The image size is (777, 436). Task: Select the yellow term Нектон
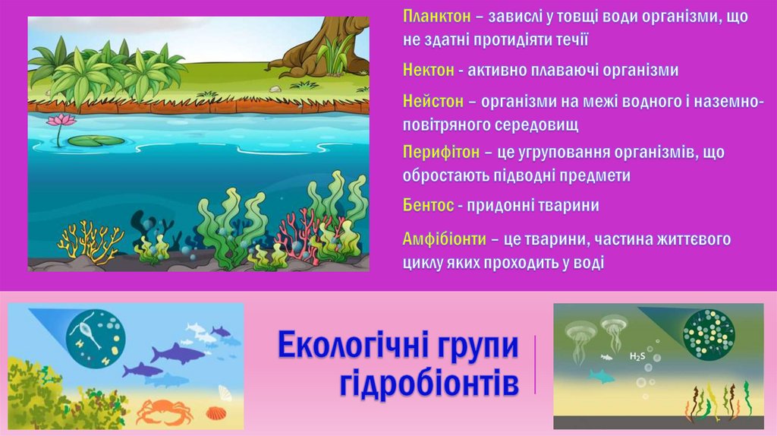pos(427,71)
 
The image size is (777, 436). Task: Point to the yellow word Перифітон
pos(440,153)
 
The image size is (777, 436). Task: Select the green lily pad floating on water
pos(95,141)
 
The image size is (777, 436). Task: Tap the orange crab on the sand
pos(164,410)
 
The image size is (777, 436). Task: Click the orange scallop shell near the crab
pos(216,414)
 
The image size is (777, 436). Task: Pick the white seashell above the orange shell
pos(225,393)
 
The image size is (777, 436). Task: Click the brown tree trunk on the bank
pos(319,46)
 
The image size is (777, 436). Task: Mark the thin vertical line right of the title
pos(535,365)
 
